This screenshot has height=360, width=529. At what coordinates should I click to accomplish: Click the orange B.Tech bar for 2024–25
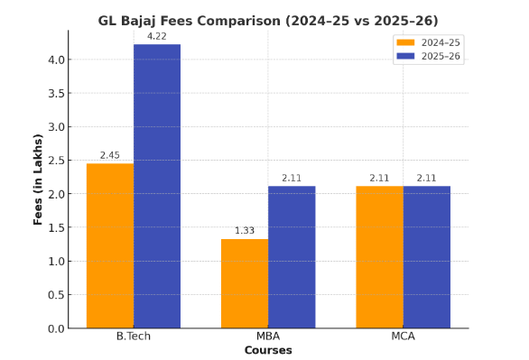point(110,245)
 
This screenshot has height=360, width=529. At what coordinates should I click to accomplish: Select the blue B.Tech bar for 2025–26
point(157,186)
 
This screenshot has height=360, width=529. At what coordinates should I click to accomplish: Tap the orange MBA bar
point(245,283)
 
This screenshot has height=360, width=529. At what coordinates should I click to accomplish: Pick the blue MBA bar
point(292,257)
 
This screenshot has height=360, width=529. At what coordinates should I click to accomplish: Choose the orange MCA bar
point(379,257)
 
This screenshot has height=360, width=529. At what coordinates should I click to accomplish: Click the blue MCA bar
point(426,257)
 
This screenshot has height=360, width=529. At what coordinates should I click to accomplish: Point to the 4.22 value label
point(157,36)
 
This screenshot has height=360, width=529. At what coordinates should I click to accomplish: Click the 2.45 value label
point(110,155)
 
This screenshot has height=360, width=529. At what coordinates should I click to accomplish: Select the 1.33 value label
point(245,231)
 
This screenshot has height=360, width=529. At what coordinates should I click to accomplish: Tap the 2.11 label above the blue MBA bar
point(292,178)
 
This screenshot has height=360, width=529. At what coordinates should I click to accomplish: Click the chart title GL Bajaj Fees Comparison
point(268,20)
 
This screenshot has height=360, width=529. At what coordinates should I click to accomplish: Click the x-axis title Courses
point(268,350)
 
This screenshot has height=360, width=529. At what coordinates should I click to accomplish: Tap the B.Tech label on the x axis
point(134,337)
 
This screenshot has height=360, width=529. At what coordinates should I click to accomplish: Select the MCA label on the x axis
point(403,337)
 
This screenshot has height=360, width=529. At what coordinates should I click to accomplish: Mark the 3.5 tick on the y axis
point(55,94)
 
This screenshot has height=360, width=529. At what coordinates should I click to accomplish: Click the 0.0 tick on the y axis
point(55,328)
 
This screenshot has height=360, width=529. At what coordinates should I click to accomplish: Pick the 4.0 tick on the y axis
point(55,60)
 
